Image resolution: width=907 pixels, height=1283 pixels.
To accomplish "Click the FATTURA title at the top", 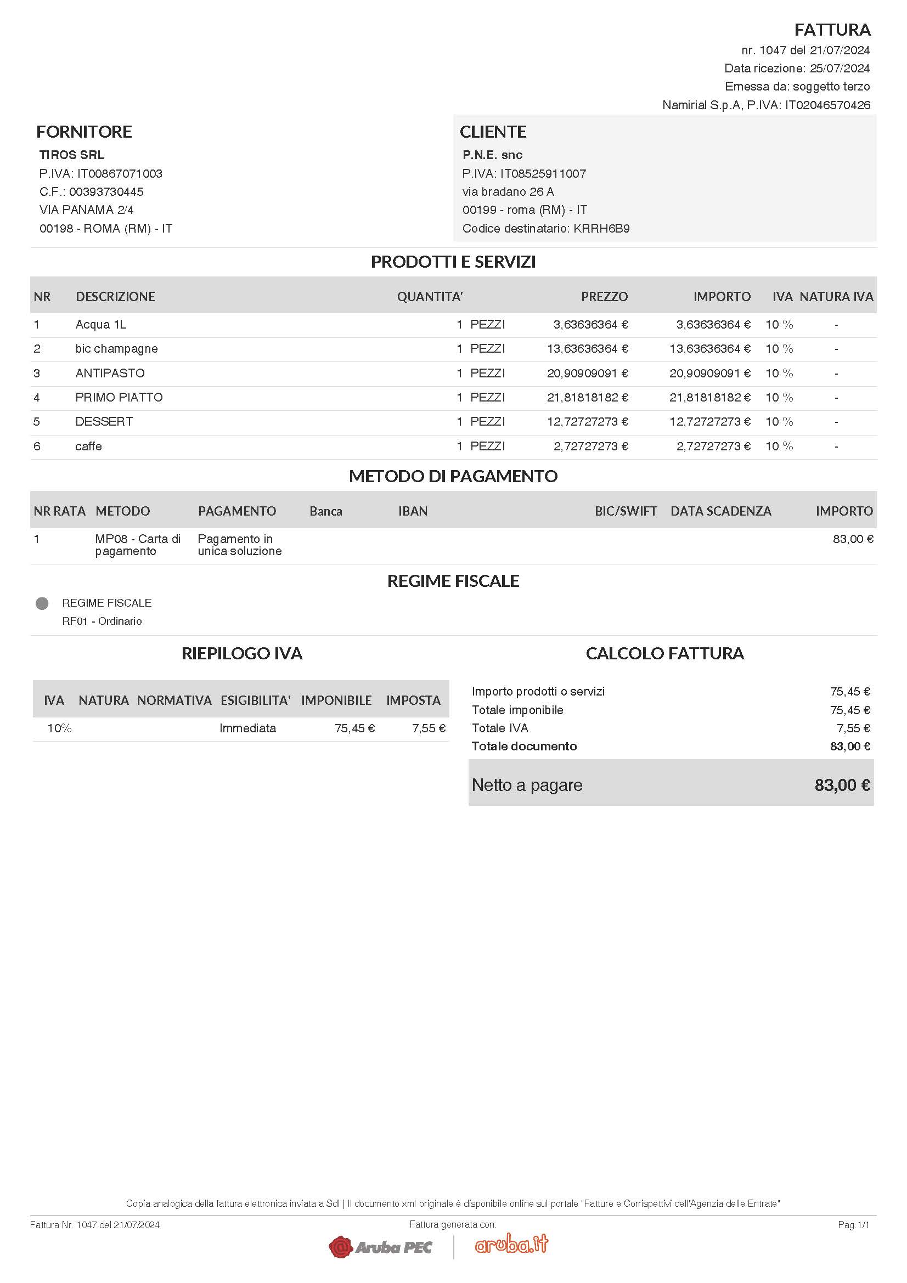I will click(x=832, y=30).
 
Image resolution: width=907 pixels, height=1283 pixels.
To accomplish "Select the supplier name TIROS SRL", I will click(x=71, y=155).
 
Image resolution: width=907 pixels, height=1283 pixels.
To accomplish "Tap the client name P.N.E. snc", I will click(x=492, y=155).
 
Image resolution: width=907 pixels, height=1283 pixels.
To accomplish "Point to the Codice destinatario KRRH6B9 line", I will click(x=545, y=229).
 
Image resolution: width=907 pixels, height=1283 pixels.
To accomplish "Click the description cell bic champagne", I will click(x=116, y=349).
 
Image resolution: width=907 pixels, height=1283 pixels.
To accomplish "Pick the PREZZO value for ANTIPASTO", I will click(x=587, y=374).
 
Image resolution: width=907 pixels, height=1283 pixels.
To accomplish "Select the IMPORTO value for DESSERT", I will click(x=709, y=422).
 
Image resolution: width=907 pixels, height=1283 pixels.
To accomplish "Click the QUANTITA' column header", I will click(x=429, y=297).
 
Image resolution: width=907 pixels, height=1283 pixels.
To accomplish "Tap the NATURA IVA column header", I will click(x=836, y=297).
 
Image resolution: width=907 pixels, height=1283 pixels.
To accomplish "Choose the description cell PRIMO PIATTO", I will click(x=119, y=397).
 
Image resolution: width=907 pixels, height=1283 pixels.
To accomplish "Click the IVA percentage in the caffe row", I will click(x=779, y=446).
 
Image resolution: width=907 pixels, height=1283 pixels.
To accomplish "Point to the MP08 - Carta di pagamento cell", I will click(x=138, y=545).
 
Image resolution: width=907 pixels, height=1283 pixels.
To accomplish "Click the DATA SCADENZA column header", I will click(x=720, y=511).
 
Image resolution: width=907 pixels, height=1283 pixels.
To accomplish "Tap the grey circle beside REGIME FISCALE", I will click(x=42, y=603).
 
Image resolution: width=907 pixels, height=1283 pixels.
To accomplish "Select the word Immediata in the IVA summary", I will click(x=247, y=728).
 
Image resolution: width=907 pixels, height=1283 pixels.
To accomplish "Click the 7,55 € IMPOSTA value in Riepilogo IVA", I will click(x=428, y=728).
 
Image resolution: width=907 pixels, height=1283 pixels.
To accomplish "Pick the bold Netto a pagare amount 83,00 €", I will click(x=842, y=785).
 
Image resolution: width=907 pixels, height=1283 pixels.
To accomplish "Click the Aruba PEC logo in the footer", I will click(x=381, y=1247).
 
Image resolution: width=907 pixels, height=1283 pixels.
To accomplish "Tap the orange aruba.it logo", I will click(x=511, y=1244).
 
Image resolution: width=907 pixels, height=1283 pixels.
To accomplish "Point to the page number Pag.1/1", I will click(x=853, y=1225).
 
